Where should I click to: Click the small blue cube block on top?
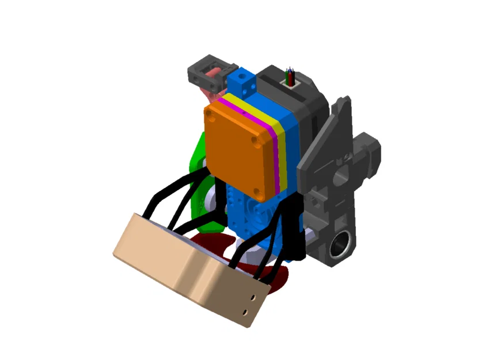[241, 81]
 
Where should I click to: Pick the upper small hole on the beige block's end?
[254, 297]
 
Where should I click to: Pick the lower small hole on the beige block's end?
[247, 311]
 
